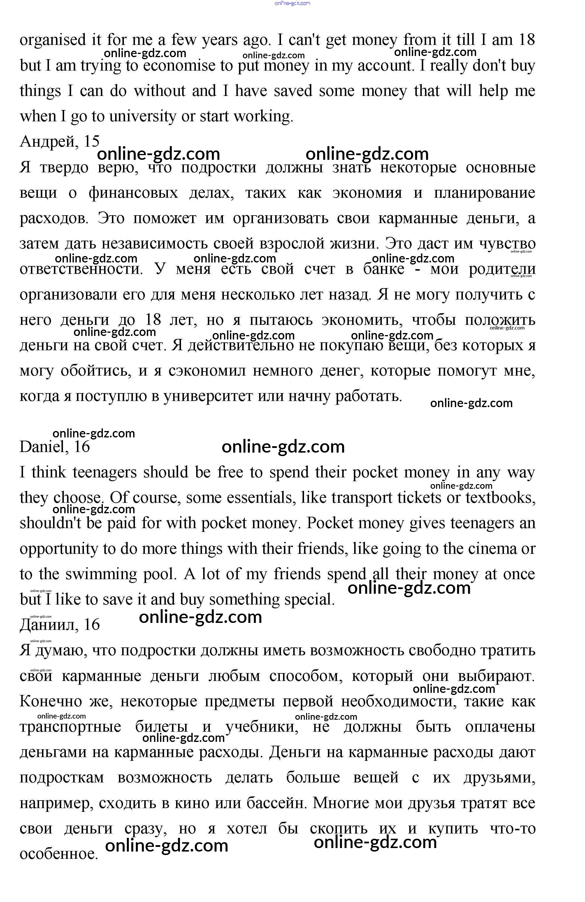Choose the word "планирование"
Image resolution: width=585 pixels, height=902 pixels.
[484, 193]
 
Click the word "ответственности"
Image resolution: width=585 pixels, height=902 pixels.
[81, 269]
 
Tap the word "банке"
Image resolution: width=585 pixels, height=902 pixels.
[383, 269]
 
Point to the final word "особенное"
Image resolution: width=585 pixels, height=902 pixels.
[59, 854]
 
